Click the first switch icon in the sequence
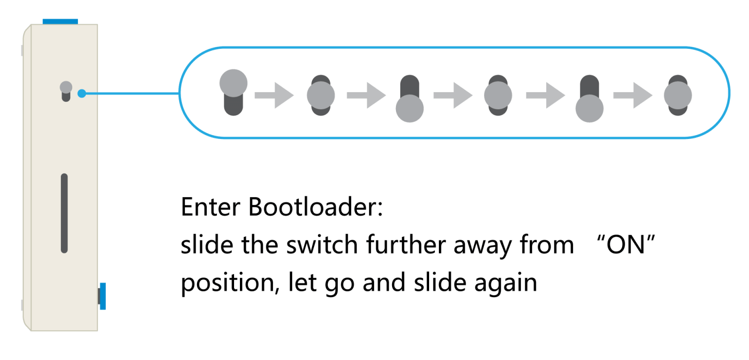pyautogui.click(x=234, y=93)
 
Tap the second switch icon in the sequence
pyautogui.click(x=320, y=95)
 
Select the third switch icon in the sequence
pyautogui.click(x=409, y=99)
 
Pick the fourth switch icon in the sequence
pyautogui.click(x=498, y=95)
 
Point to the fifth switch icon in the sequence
pyautogui.click(x=590, y=99)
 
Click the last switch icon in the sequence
pyautogui.click(x=678, y=95)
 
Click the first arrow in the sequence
pyautogui.click(x=274, y=95)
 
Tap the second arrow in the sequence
pyautogui.click(x=366, y=95)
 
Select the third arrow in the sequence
pyautogui.click(x=453, y=95)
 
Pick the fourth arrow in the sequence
pyautogui.click(x=545, y=95)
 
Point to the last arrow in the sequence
pyautogui.click(x=632, y=95)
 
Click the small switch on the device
pyautogui.click(x=66, y=91)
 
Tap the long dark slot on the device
pyautogui.click(x=64, y=213)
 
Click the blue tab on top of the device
pyautogui.click(x=60, y=21)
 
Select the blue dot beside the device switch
pyautogui.click(x=82, y=93)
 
